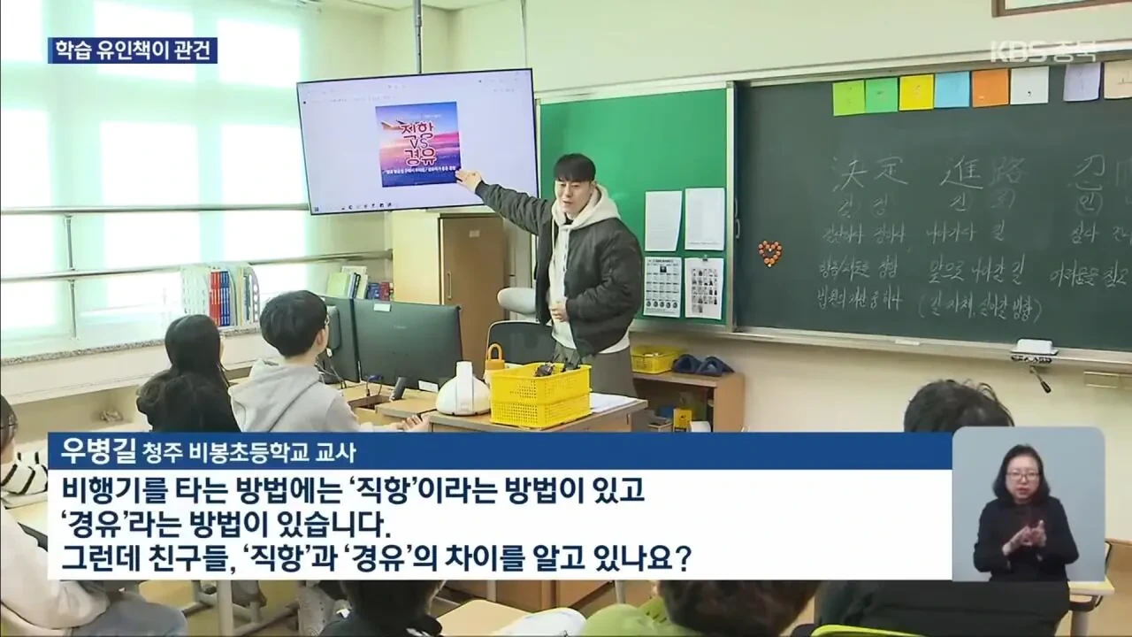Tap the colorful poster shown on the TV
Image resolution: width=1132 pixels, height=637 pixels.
click(417, 143)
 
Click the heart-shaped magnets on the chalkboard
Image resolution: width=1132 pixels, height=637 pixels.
click(770, 254)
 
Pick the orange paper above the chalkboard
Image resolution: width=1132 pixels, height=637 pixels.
click(990, 88)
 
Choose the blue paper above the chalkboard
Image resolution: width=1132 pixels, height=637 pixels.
click(952, 89)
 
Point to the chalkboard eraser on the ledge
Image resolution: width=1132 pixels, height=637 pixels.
click(1036, 347)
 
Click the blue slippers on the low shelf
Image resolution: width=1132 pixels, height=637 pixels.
click(701, 365)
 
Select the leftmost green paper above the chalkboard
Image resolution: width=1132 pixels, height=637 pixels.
click(848, 97)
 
